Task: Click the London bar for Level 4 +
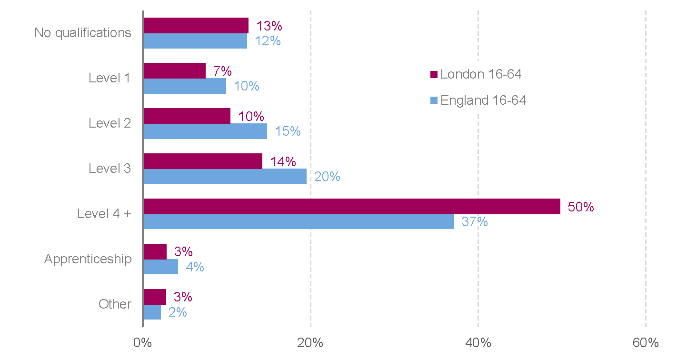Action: point(352,207)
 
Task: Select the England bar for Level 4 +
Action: point(299,222)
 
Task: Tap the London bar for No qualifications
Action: point(196,26)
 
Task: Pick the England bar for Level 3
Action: point(225,177)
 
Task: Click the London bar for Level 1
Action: point(174,71)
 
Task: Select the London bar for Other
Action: point(155,297)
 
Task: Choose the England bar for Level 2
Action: point(205,131)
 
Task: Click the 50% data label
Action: point(581,207)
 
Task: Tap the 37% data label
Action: point(475,222)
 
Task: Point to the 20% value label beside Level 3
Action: point(327,177)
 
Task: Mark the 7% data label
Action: point(222,71)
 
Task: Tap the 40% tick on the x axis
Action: point(478,343)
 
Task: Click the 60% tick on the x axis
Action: point(646,343)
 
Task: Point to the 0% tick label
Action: point(143,343)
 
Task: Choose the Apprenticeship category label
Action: point(88,259)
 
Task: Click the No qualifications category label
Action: point(83,33)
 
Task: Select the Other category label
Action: point(115,304)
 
